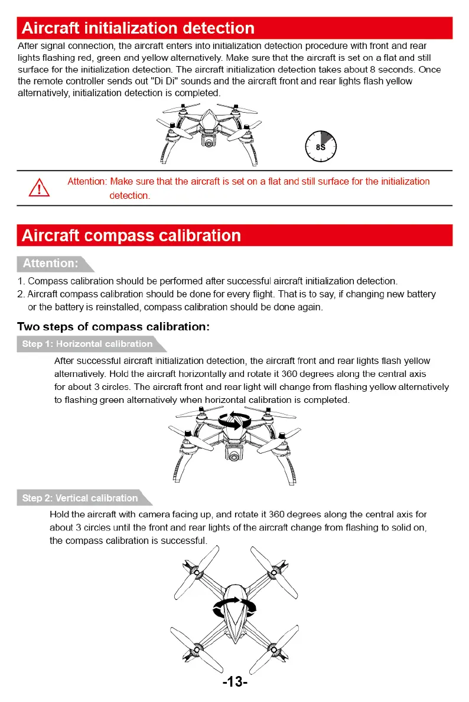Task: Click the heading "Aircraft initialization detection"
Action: (x=138, y=28)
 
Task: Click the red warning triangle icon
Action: (x=40, y=188)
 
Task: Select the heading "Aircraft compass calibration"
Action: (x=131, y=235)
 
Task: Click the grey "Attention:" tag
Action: (x=50, y=263)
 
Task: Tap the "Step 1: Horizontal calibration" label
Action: (x=87, y=344)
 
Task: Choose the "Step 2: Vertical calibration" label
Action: (x=80, y=498)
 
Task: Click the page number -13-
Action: (x=234, y=682)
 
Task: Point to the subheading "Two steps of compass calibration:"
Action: (x=114, y=326)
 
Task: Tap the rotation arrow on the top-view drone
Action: (x=234, y=608)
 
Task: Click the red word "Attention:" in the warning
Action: (x=87, y=182)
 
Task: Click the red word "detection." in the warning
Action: (x=130, y=196)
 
